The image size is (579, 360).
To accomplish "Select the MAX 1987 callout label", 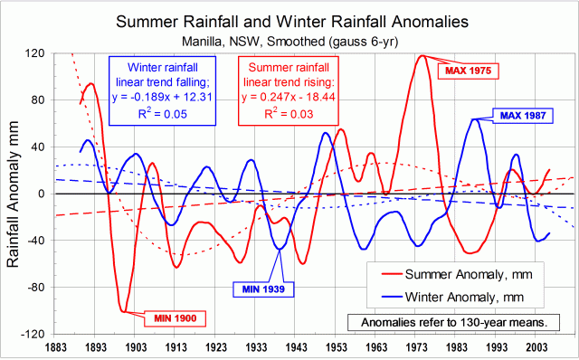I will [520, 116].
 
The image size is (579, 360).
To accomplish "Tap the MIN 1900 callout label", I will [175, 317].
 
